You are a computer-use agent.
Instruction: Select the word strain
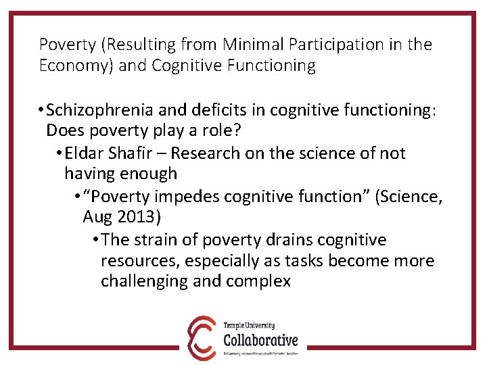point(159,239)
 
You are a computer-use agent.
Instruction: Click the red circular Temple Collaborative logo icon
point(202,337)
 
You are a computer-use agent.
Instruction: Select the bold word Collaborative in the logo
point(260,339)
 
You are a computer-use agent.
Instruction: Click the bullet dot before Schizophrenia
point(42,111)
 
